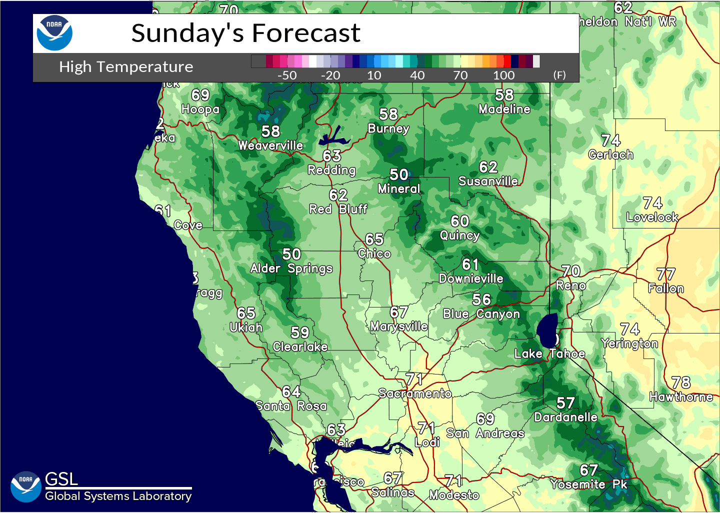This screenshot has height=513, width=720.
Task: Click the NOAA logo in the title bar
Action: coord(54,33)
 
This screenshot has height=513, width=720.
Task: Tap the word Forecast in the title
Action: coord(305,33)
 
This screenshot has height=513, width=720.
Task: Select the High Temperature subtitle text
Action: coord(126,67)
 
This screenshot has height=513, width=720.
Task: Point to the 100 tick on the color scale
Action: coord(503,75)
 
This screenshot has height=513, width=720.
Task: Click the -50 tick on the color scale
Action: coord(287,75)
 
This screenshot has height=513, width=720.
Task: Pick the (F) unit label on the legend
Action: coord(559,75)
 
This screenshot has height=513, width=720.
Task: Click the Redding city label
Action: coord(331,170)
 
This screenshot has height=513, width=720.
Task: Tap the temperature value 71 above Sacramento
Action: coord(414,379)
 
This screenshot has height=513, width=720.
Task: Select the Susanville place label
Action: coord(488,181)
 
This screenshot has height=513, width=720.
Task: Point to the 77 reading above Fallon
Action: coord(666,274)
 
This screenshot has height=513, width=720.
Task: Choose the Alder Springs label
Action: coord(291,269)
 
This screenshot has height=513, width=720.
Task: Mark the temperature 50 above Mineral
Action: coord(399,174)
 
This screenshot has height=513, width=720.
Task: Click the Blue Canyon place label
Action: coord(481,314)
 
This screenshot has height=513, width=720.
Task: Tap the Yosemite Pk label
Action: coord(588,484)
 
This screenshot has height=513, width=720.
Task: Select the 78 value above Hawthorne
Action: coord(681,383)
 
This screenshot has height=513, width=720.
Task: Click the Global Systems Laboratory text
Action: coord(118,496)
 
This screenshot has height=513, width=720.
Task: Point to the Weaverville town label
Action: coord(270,146)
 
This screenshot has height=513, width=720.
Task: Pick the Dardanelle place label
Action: coord(565,417)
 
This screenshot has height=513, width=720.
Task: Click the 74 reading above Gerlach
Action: coord(611,140)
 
